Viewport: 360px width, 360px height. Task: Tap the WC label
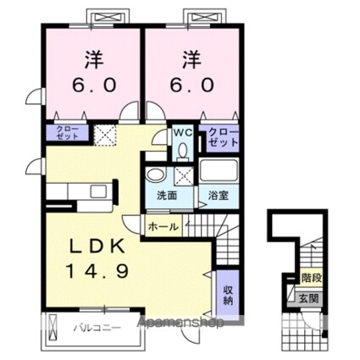click(x=183, y=132)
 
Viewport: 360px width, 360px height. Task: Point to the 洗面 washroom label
click(x=166, y=196)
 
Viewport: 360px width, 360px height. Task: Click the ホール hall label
click(x=163, y=226)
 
